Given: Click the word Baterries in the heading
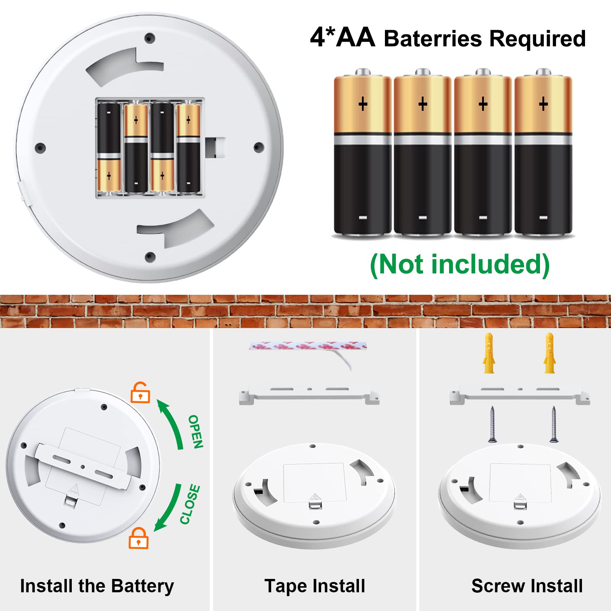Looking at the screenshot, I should pos(433,39).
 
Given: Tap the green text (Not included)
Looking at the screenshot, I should pos(460,265).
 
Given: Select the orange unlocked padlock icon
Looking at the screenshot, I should pos(140,393).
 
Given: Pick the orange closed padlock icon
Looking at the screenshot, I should pos(138,538).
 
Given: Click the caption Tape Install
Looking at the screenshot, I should pos(315,586).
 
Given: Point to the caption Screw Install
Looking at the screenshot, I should pos(527,586).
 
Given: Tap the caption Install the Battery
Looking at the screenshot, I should pos(97,586).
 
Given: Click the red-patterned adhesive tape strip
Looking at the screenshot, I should pos(308,346).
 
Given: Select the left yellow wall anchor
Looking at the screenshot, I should pos(489,353).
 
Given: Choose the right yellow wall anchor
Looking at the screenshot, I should pos(550,353).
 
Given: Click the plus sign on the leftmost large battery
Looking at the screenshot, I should pos(363,104).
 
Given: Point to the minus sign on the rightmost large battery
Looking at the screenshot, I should pos(543,218).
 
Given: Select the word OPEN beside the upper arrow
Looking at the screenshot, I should pos(196,432).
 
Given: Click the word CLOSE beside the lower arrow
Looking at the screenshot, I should pos(190,504).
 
